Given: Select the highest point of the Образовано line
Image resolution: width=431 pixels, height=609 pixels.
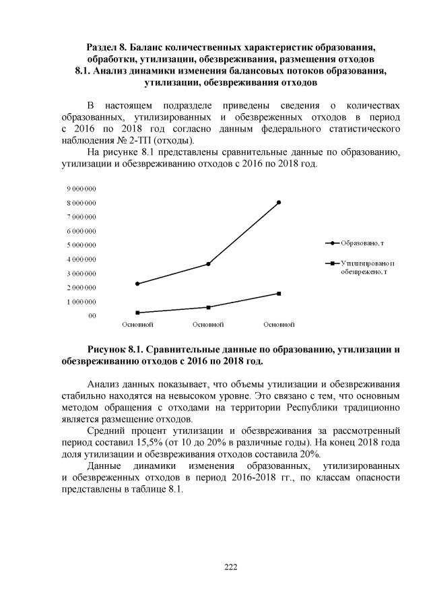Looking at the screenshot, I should (279, 202).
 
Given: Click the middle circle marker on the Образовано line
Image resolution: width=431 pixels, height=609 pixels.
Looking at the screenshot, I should (208, 263).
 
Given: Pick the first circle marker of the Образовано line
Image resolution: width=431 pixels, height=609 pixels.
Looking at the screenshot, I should (137, 284).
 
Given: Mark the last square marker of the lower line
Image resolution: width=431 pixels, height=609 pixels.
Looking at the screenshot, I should (279, 293).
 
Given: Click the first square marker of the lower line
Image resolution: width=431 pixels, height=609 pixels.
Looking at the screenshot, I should (137, 313).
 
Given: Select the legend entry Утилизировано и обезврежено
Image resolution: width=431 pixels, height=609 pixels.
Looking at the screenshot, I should (367, 267).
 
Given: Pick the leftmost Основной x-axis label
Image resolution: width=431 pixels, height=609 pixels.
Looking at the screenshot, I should (137, 325).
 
